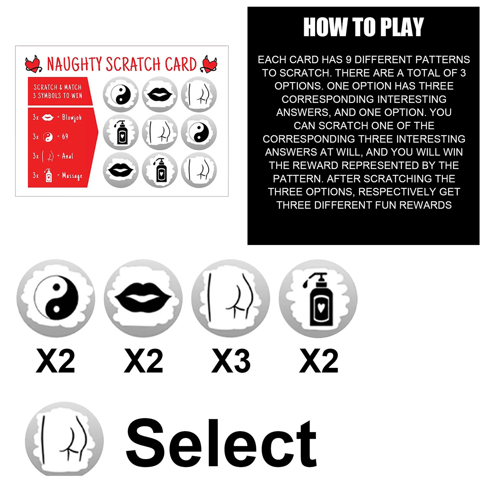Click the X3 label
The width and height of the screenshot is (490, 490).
pos(231,361)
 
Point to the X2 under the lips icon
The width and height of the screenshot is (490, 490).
pos(143,361)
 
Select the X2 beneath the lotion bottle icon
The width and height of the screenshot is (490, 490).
pos(318,361)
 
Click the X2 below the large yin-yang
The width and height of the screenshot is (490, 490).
pos(55,361)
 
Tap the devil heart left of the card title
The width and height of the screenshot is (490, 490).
pos(33,64)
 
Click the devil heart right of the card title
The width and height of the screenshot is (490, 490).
pos(209,64)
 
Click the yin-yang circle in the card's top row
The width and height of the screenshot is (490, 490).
pos(121,94)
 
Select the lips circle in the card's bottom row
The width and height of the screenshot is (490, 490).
pos(121,170)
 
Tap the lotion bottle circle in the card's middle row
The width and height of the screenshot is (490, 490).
pos(121,132)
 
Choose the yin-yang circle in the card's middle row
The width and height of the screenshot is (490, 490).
pos(199,132)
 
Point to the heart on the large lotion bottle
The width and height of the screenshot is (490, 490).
pos(321,308)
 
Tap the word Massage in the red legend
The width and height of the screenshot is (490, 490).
pos(72,176)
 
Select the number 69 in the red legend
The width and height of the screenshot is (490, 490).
pos(65,137)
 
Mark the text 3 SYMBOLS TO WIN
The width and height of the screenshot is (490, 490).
pos(57,96)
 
